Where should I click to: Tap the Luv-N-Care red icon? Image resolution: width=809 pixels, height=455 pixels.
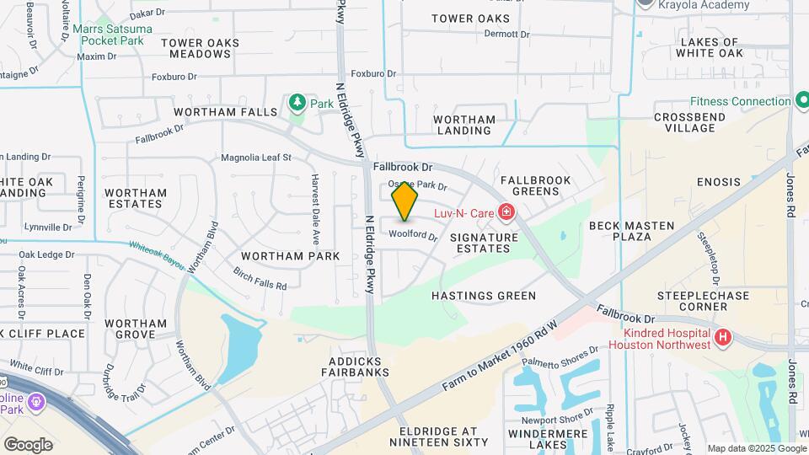506,212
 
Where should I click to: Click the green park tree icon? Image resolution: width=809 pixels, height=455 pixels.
297,103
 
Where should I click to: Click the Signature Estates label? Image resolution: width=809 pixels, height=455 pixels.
484,244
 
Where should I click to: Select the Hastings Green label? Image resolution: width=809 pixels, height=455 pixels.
484,296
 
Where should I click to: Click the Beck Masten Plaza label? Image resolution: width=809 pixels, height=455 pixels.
632,231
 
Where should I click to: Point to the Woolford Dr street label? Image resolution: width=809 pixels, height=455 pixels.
413,237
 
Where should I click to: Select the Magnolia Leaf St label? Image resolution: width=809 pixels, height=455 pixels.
255,158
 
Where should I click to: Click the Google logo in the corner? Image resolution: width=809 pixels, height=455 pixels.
28,444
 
